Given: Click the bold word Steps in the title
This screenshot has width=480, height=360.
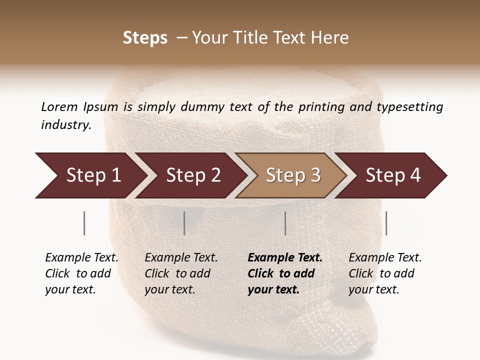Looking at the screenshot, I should pyautogui.click(x=145, y=38).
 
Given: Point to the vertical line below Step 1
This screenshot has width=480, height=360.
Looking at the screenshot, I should pyautogui.click(x=84, y=223).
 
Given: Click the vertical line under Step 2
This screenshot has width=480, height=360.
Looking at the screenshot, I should pyautogui.click(x=184, y=223).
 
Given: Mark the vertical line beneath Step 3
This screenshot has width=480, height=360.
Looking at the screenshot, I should pyautogui.click(x=285, y=223).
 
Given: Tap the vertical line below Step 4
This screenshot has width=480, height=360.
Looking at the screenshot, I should pyautogui.click(x=386, y=223).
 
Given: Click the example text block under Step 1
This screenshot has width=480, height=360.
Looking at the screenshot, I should pyautogui.click(x=81, y=273).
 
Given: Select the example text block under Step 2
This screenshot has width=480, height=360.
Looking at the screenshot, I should pyautogui.click(x=181, y=273).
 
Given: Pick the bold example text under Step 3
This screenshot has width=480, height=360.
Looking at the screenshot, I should pyautogui.click(x=285, y=273).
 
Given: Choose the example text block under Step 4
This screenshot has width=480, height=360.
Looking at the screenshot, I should pyautogui.click(x=385, y=273).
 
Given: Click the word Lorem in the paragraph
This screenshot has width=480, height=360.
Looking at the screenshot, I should pyautogui.click(x=59, y=106).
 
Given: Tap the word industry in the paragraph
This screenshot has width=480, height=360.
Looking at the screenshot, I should pyautogui.click(x=66, y=125).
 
